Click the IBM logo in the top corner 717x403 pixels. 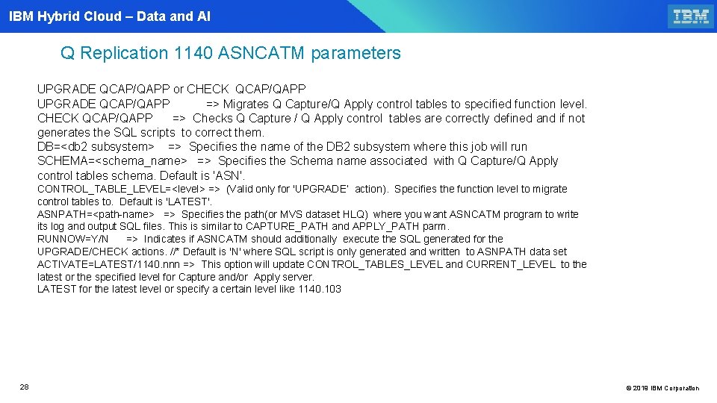(690, 16)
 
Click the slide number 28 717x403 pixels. (24, 387)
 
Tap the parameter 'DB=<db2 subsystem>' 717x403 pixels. (96, 146)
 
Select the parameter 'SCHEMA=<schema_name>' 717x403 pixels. (112, 160)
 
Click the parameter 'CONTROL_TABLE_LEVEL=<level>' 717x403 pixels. (121, 189)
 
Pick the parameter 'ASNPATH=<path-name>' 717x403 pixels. (96, 214)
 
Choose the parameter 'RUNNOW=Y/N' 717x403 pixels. (72, 239)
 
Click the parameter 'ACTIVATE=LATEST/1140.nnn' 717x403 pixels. (107, 264)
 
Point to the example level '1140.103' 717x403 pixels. (320, 289)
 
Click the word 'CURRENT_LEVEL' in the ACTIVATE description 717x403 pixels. (512, 264)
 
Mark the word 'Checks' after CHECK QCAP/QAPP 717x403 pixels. (212, 118)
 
